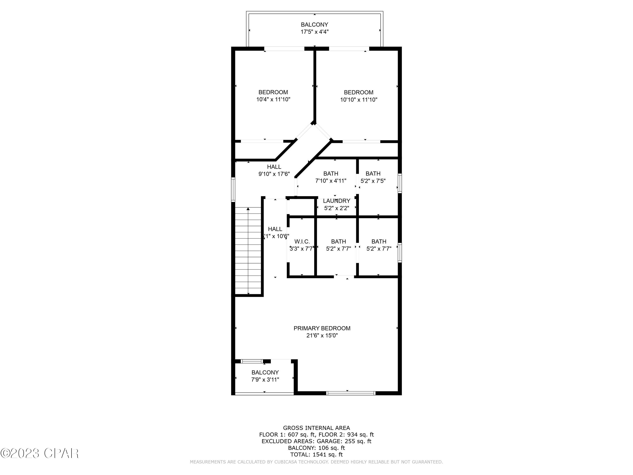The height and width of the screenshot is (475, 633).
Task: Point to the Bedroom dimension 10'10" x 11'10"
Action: (358, 100)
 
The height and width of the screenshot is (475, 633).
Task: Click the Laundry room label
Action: (336, 201)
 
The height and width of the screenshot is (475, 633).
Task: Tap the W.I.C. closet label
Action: (302, 242)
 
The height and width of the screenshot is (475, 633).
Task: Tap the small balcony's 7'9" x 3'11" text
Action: (265, 380)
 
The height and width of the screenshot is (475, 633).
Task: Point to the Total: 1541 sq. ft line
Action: (316, 454)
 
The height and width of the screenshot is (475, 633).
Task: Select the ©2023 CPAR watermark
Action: (39, 453)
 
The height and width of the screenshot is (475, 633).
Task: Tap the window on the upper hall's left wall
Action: (233, 190)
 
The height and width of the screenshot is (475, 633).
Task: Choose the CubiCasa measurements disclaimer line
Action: (316, 462)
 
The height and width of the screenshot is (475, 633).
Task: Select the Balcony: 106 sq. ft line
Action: (316, 448)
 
